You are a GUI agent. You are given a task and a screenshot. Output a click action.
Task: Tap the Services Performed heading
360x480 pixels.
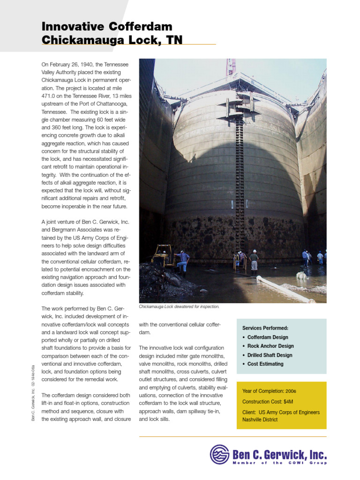click(265, 328)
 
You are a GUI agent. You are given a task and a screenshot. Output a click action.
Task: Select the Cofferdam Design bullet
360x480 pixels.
click(268, 337)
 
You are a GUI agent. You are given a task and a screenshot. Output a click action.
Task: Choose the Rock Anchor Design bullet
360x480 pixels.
click(270, 346)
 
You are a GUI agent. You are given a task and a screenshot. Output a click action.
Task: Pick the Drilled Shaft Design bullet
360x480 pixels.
click(270, 355)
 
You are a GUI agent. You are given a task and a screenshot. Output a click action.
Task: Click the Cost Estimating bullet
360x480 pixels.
click(265, 364)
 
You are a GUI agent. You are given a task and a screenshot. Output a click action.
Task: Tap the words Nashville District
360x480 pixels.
click(260, 420)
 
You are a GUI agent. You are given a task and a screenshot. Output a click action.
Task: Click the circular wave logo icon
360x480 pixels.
click(219, 454)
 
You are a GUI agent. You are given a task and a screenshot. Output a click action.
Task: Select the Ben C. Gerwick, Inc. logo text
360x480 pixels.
click(279, 454)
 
